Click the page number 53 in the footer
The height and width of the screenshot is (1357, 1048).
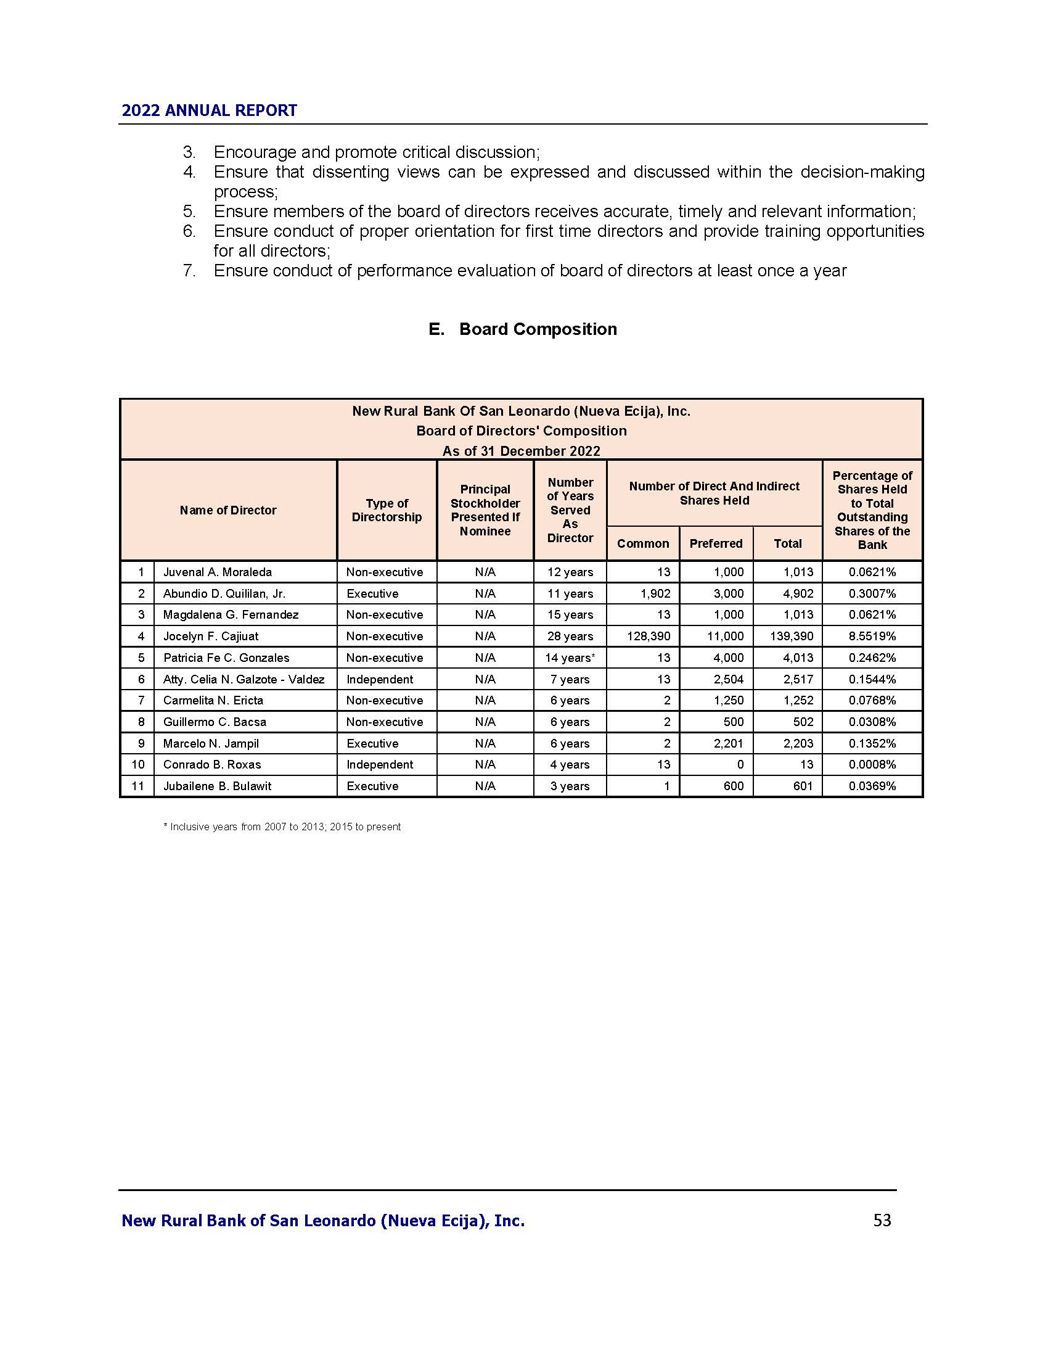[882, 1220]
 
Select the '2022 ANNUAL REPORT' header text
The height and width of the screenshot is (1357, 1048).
[209, 110]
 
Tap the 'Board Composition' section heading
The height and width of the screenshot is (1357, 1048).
[538, 329]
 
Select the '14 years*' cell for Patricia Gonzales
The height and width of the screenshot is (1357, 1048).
[570, 658]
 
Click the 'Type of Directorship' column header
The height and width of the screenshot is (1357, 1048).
[386, 510]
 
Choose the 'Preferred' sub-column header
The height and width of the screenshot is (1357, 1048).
[715, 543]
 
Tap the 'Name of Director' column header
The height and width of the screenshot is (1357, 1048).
[228, 510]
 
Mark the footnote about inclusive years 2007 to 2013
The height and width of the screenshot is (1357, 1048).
[282, 827]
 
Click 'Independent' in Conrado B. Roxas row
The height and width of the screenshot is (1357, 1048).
[379, 764]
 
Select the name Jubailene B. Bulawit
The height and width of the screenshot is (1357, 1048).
[217, 786]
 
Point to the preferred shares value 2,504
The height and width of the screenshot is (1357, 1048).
[728, 679]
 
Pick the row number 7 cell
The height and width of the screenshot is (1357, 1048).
[141, 700]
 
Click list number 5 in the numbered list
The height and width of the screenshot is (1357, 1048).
[189, 211]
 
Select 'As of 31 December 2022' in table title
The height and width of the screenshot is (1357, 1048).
[521, 450]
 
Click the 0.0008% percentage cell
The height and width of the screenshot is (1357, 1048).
[872, 764]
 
